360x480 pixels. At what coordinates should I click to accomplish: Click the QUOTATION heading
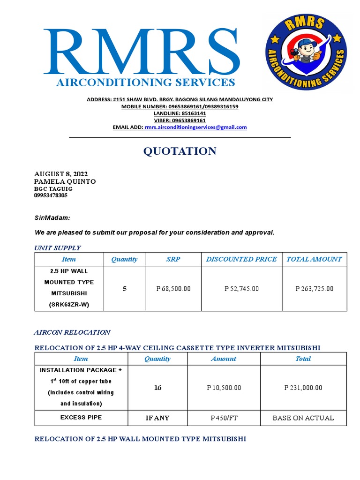[180, 151]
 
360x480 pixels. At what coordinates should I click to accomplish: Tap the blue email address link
[195, 127]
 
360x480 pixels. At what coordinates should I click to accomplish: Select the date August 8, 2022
[61, 174]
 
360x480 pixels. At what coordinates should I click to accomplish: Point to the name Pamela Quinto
[65, 181]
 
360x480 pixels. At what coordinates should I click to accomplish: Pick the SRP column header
[173, 259]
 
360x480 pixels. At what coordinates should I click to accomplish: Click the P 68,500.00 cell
[173, 289]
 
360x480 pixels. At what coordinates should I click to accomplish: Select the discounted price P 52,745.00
[241, 289]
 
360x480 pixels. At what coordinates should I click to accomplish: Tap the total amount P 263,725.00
[315, 289]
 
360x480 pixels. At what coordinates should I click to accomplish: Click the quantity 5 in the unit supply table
[125, 289]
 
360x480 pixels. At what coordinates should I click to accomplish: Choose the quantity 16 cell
[157, 388]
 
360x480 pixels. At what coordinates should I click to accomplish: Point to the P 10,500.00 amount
[224, 388]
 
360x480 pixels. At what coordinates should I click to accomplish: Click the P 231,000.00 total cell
[303, 388]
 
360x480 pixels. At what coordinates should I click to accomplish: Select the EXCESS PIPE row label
[81, 417]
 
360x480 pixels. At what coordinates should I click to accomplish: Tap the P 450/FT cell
[224, 418]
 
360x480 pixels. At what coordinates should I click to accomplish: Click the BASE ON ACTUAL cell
[303, 418]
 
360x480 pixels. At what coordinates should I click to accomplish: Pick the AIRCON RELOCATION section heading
[72, 332]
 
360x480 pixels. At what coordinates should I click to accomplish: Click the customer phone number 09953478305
[51, 195]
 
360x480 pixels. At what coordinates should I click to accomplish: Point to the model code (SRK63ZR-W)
[69, 305]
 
